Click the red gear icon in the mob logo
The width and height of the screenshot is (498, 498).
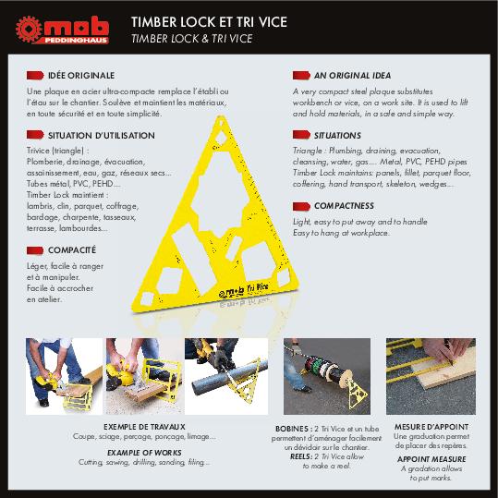[x=29, y=30]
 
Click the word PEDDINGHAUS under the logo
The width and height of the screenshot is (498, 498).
[x=76, y=41]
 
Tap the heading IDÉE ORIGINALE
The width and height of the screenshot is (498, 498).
[x=81, y=76]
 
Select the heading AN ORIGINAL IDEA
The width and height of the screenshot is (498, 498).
[x=353, y=76]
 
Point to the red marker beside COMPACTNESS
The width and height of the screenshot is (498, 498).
[x=301, y=206]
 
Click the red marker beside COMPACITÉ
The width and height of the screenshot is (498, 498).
[x=35, y=250]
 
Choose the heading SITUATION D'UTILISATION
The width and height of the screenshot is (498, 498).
[x=102, y=136]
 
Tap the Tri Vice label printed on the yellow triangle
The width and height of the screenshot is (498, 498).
[x=257, y=287]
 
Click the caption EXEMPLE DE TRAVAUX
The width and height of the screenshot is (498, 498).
[x=144, y=427]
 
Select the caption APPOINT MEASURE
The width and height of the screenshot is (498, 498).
[x=431, y=459]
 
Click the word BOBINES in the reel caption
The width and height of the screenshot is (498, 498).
[x=292, y=429]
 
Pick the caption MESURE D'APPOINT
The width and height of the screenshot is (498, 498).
[x=431, y=427]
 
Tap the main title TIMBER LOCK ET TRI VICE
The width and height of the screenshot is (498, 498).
[x=210, y=22]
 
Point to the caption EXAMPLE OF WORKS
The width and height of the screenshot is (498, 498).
[x=144, y=453]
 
